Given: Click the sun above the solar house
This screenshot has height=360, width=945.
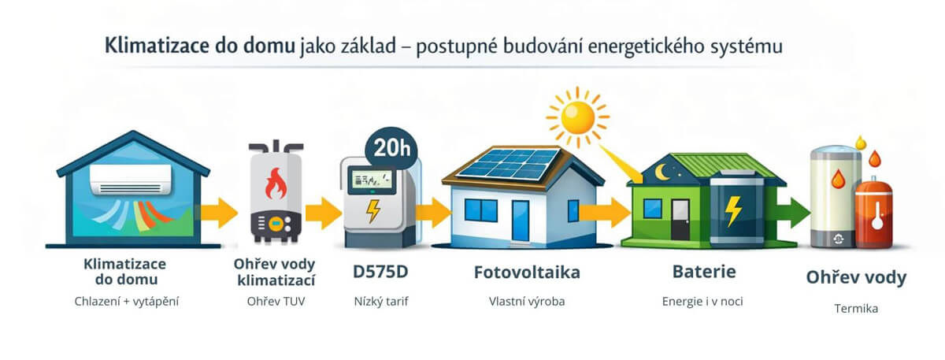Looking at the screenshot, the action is tap(577, 117).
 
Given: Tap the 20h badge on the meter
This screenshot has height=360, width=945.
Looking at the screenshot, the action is tap(391, 149).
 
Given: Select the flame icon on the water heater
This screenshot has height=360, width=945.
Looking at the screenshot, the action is tap(276, 184).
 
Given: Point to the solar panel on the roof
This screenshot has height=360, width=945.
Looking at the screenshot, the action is tap(509, 164).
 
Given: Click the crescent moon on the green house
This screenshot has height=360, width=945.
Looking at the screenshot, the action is tap(661, 172).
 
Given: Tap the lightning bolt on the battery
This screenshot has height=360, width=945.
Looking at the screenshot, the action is tap(733, 211).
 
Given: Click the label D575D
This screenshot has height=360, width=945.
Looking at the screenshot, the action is tap(380, 272).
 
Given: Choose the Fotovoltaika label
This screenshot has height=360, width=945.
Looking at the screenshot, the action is tap(527, 273).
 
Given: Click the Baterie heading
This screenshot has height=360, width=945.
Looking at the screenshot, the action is tap(704, 271).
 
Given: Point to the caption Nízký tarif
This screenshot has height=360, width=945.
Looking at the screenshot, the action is tap(381, 302).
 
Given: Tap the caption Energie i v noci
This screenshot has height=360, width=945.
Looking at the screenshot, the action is tap(702, 302).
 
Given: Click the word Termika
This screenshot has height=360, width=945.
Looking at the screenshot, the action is tap(856, 309).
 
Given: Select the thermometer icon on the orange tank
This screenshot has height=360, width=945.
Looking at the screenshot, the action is tap(876, 215).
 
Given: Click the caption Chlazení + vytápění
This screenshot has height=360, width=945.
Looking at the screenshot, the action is tap(127, 302).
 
